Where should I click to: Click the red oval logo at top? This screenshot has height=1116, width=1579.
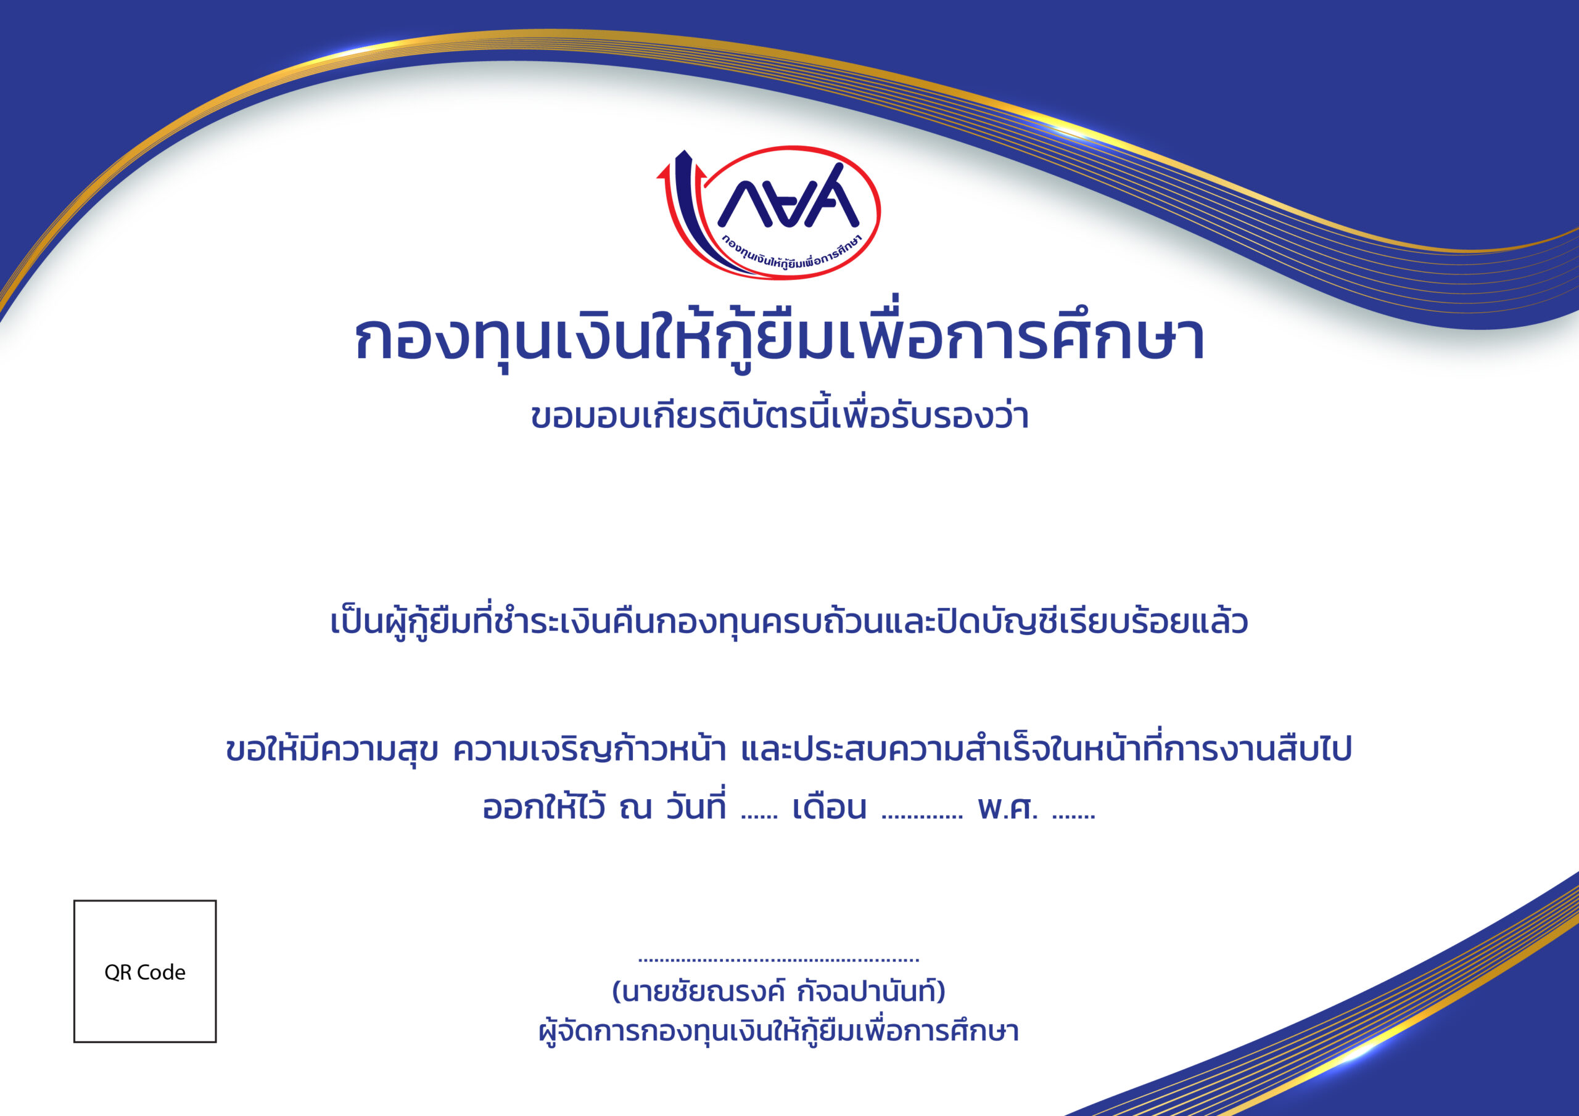[x=792, y=147]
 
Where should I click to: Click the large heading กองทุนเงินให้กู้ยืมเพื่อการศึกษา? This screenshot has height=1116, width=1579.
[x=779, y=337]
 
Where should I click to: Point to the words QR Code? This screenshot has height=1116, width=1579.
[x=145, y=972]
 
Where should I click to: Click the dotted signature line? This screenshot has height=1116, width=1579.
[x=778, y=960]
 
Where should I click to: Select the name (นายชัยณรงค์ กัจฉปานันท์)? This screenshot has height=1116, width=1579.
[x=778, y=991]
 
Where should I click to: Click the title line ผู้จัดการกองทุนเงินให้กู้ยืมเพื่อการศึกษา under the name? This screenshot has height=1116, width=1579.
[x=778, y=1032]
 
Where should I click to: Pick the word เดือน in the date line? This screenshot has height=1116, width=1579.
[x=830, y=808]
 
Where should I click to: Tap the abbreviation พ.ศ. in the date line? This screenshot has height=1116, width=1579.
[x=1008, y=808]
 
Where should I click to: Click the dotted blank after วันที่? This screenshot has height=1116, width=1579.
[x=759, y=818]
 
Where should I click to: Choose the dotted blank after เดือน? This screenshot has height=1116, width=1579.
[x=922, y=818]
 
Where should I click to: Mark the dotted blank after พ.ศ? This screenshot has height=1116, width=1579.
[x=1073, y=818]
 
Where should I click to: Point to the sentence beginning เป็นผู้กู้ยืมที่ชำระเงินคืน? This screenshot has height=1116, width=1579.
[x=789, y=621]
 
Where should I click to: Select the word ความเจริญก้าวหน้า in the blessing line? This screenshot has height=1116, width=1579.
[x=590, y=748]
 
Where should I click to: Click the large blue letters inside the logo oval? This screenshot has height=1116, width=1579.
[x=788, y=196]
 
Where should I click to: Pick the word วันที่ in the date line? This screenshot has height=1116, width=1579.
[x=696, y=806]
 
